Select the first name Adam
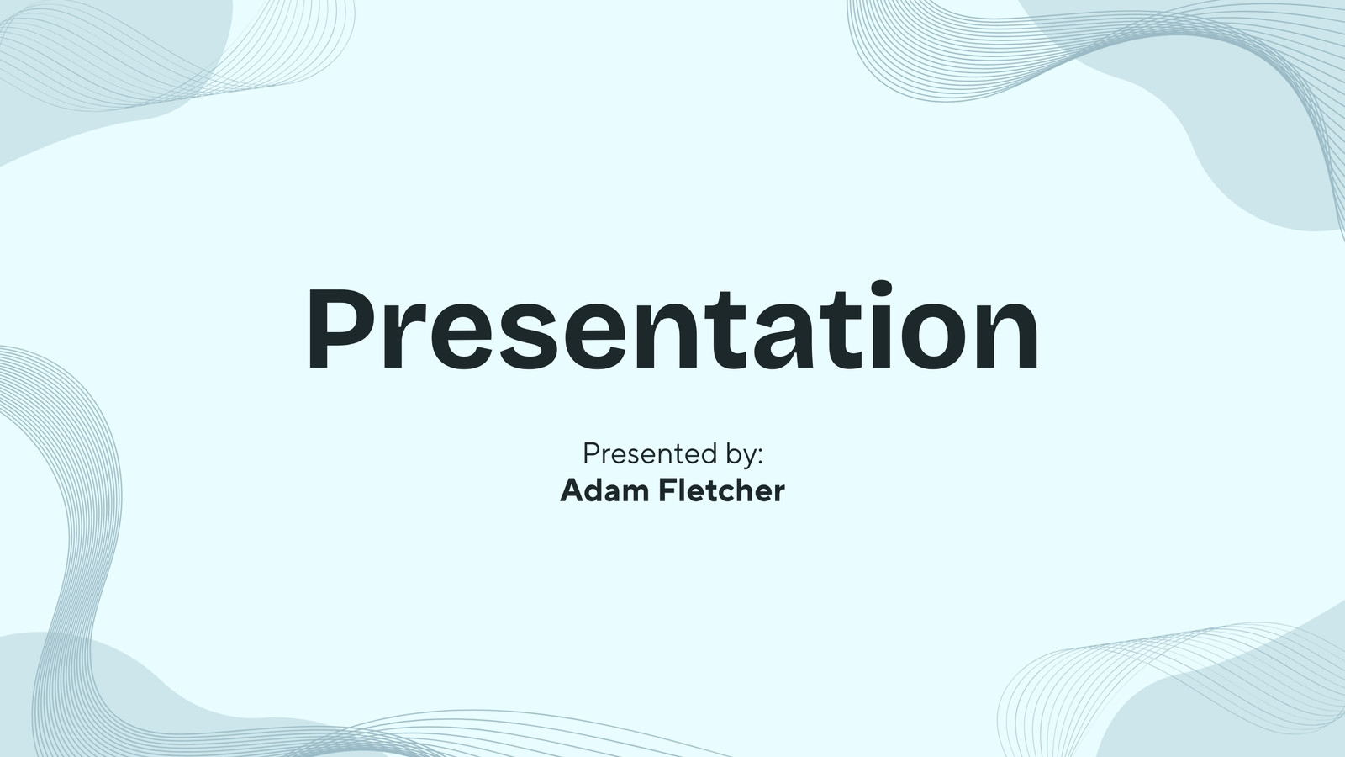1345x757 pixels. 604,490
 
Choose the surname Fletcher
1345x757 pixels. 722,490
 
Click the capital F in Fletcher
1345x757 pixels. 668,490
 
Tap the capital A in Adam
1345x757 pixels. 572,490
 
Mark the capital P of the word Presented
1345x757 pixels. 592,453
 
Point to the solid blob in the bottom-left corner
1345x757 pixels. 90,697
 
